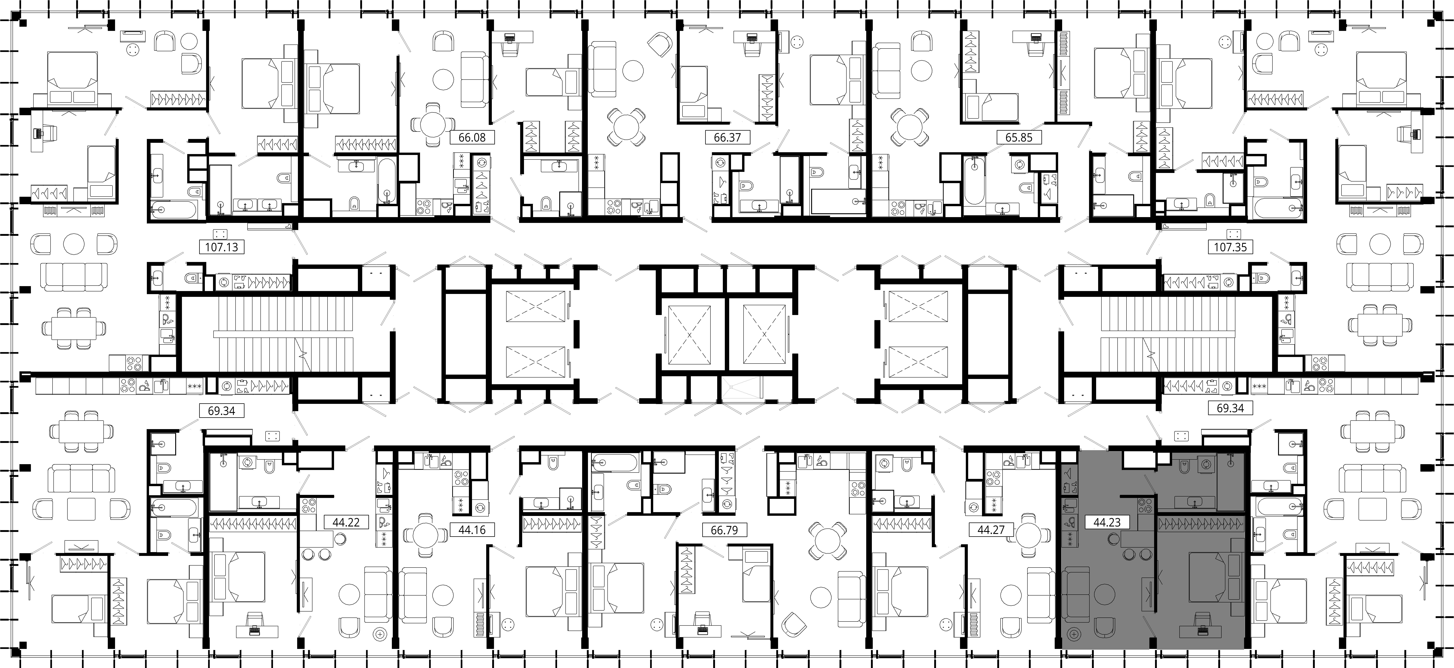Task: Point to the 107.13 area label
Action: point(222,247)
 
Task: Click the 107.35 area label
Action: point(1230,247)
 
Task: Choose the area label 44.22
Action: point(347,522)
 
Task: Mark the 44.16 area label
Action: point(472,530)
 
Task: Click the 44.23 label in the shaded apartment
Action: point(1107,522)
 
